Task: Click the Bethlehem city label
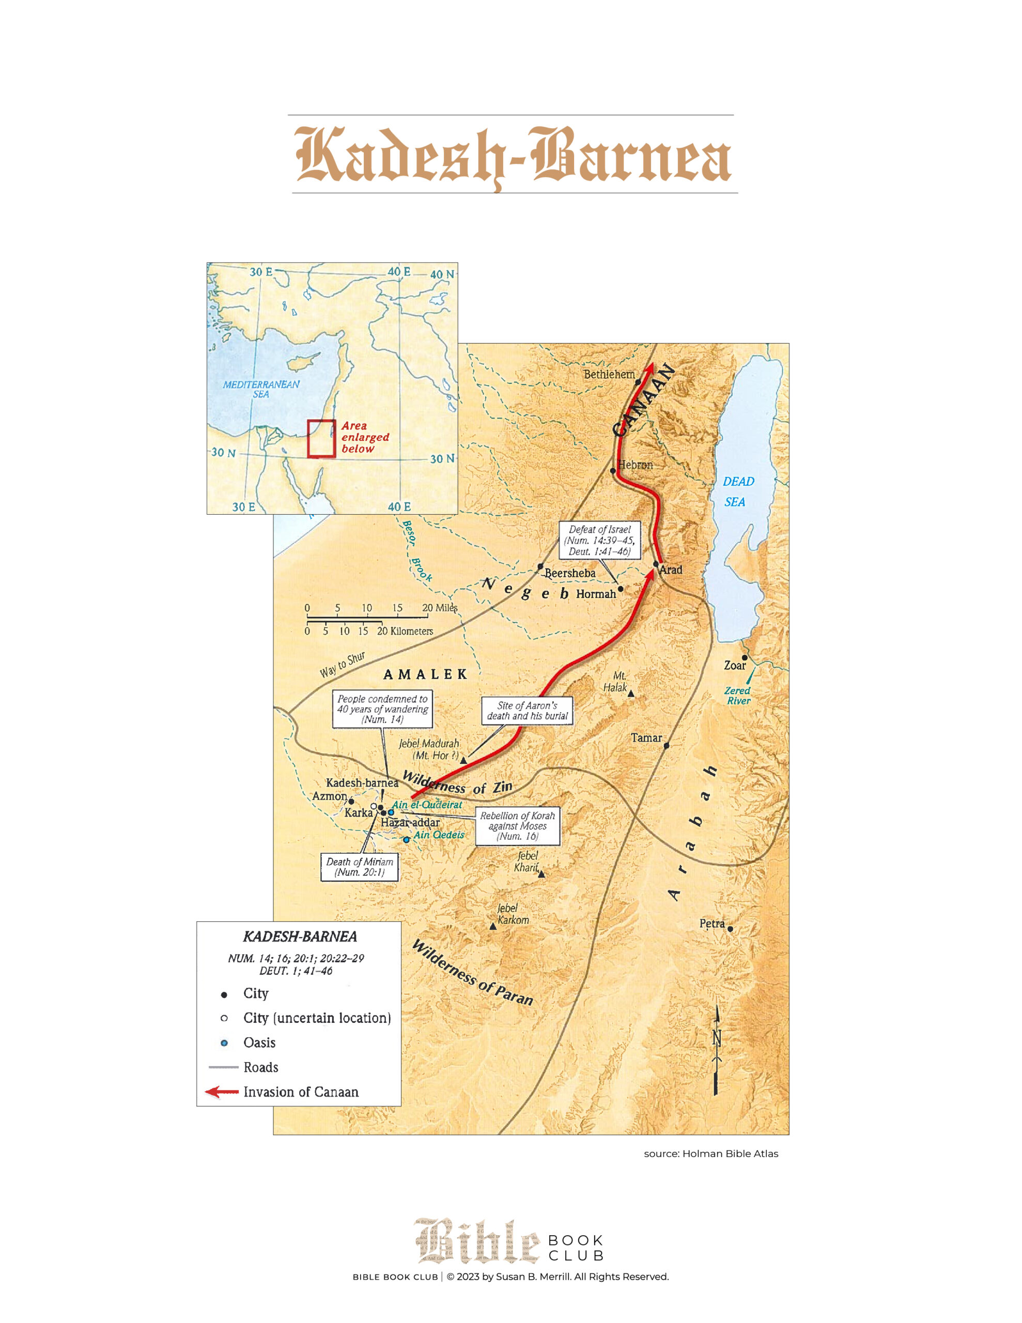click(608, 374)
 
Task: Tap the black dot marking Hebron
click(612, 471)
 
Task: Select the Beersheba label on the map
click(569, 573)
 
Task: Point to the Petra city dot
click(730, 929)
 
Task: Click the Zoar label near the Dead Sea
click(735, 665)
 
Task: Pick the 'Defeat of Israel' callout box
click(599, 541)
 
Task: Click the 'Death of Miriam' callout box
click(359, 867)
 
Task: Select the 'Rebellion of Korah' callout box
click(517, 826)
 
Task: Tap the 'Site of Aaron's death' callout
click(527, 711)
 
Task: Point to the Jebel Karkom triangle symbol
click(493, 927)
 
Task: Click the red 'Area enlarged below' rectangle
click(321, 439)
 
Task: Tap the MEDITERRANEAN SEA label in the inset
click(261, 389)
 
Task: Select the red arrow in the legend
click(222, 1091)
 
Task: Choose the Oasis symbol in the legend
click(224, 1042)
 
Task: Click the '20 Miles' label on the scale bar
click(440, 608)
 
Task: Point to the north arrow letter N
click(717, 1038)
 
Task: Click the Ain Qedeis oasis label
click(439, 835)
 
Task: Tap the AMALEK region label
click(425, 674)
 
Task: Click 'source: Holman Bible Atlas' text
click(710, 1153)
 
